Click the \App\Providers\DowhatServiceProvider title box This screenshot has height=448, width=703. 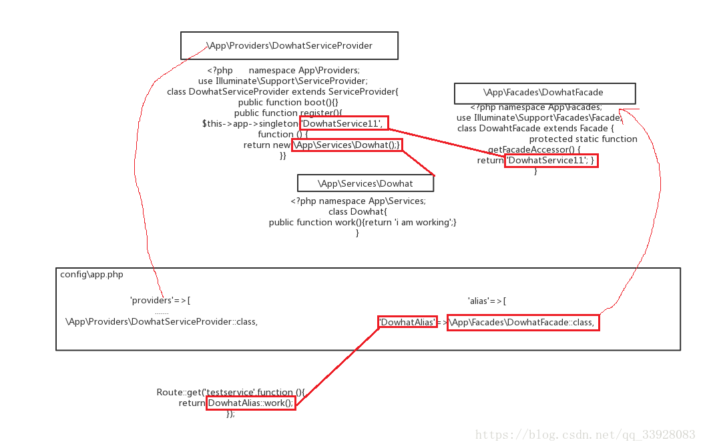[x=289, y=46]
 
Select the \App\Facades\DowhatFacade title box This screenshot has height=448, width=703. [x=544, y=93]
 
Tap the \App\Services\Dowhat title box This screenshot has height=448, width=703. [x=365, y=183]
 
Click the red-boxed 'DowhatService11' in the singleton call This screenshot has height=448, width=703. [x=343, y=123]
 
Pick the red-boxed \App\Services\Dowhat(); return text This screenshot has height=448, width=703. [x=347, y=145]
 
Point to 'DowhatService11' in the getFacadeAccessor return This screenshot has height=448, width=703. [x=551, y=161]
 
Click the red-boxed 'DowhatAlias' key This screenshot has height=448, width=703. [x=407, y=323]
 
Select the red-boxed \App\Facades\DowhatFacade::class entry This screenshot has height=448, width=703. [x=522, y=323]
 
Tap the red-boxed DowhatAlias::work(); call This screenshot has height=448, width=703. [x=250, y=403]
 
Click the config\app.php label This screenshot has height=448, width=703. [x=91, y=274]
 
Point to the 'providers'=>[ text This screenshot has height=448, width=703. [x=160, y=301]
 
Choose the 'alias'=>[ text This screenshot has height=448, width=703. [x=487, y=301]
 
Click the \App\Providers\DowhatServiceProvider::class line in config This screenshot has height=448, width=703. [x=162, y=322]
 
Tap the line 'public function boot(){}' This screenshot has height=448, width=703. [x=288, y=103]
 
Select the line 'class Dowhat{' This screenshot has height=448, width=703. [x=358, y=212]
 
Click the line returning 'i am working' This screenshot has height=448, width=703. [x=363, y=223]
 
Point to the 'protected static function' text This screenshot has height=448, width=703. [x=583, y=139]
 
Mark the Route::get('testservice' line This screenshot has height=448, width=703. [x=230, y=393]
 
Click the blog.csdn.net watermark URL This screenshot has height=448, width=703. [x=585, y=435]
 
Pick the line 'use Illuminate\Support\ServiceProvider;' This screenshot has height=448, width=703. [x=282, y=81]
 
